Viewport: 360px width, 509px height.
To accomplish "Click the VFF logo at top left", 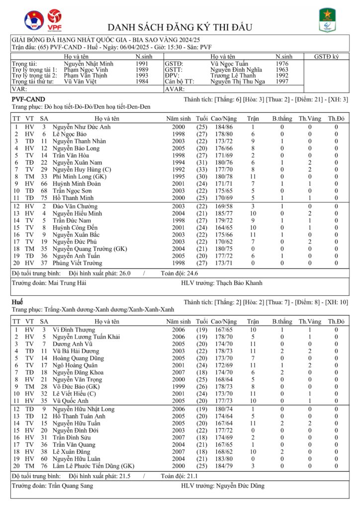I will [x=34, y=20].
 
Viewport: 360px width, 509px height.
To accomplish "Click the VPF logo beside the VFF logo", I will [x=54, y=21].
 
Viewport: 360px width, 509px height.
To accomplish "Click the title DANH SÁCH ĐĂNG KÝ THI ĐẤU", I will [x=180, y=27].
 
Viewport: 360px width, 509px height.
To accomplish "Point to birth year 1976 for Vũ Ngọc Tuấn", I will [x=282, y=64].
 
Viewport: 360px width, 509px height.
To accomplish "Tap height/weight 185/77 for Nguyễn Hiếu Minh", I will [x=223, y=213].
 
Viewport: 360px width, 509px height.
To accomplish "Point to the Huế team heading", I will [x=18, y=302].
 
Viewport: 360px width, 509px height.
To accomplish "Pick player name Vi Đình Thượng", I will [x=74, y=330].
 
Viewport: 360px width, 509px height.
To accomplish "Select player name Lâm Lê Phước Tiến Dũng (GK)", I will [x=93, y=466].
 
